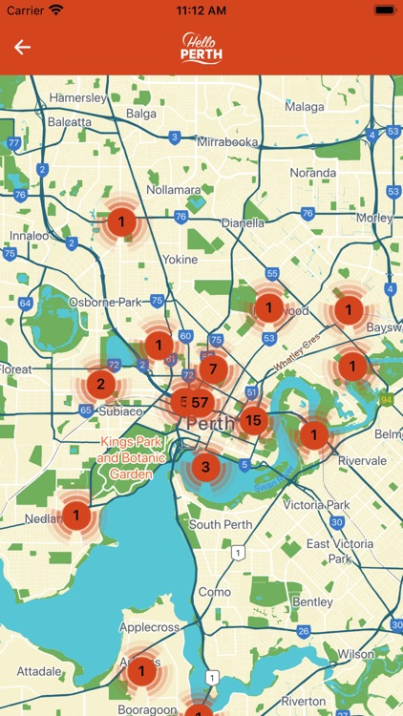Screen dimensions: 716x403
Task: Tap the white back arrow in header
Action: click(22, 47)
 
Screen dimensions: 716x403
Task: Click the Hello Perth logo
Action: click(201, 48)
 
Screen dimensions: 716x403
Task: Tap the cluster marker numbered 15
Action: click(253, 419)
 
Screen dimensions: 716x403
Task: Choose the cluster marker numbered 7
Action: click(213, 369)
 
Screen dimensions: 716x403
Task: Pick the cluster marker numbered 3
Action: click(204, 468)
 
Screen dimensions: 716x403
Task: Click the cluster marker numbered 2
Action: click(100, 385)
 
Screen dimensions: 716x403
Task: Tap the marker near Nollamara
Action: click(120, 223)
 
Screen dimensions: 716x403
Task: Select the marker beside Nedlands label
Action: click(76, 516)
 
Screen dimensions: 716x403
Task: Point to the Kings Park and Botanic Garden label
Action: click(131, 458)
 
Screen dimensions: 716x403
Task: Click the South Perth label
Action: click(220, 524)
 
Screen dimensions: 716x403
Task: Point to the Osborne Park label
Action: click(105, 302)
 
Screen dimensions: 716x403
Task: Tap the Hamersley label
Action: click(78, 97)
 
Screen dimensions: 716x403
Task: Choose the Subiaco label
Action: click(120, 411)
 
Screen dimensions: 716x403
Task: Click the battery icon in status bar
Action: click(383, 10)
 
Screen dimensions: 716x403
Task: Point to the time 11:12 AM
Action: click(201, 10)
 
